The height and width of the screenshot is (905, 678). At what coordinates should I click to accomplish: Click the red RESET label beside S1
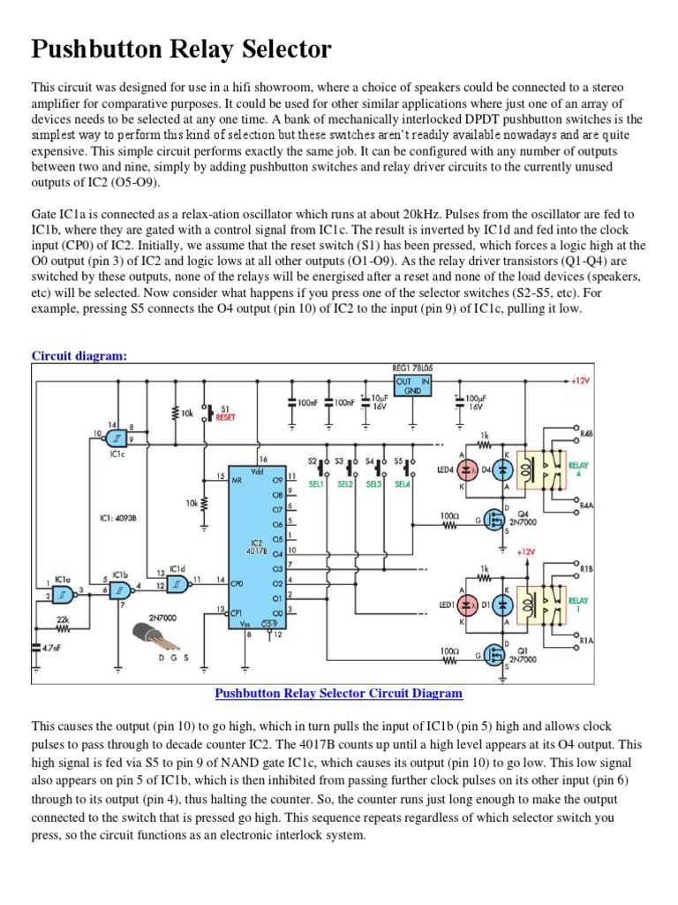[226, 416]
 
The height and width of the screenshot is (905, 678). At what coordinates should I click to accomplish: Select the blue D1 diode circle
[502, 605]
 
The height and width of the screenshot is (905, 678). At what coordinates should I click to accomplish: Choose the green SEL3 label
[375, 484]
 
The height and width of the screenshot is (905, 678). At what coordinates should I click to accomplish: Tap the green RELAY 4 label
[578, 470]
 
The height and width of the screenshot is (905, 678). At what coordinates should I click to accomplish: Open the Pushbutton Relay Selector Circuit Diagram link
[338, 694]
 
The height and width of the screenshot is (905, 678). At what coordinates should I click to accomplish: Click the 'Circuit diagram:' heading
[79, 355]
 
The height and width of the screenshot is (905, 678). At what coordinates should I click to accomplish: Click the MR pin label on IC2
[237, 482]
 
